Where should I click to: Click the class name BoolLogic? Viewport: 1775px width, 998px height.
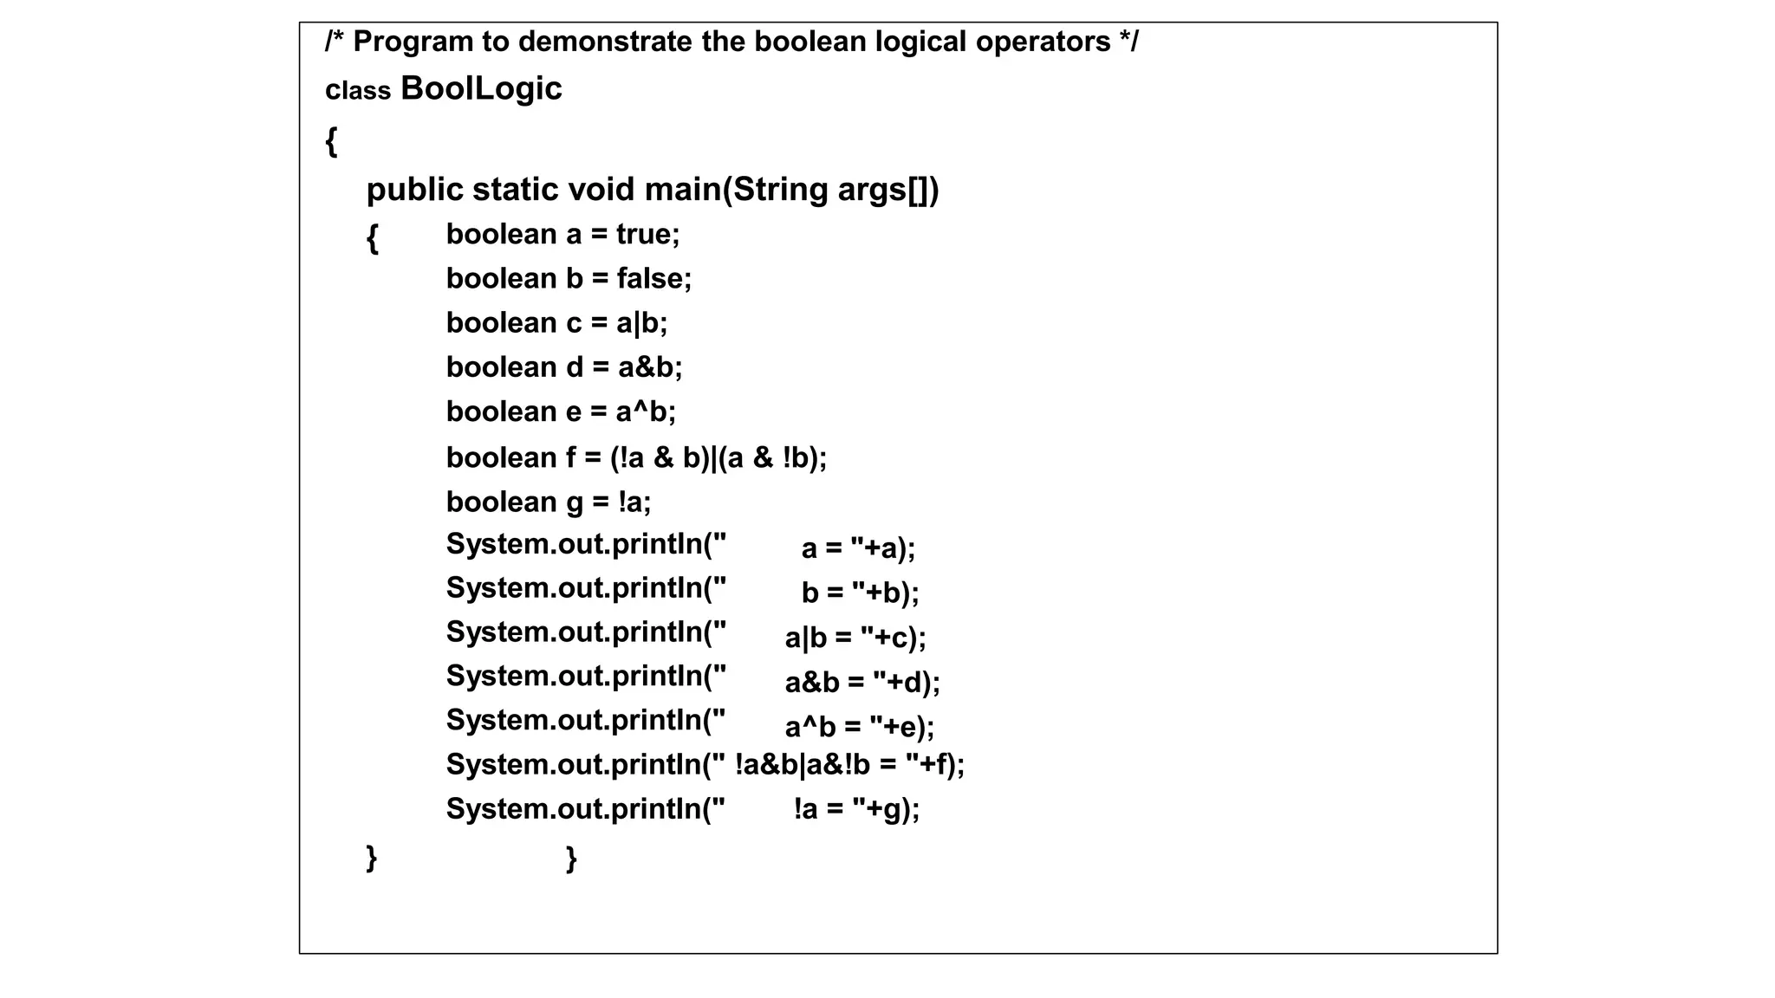[x=481, y=88]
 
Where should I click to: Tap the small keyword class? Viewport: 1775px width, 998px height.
[x=358, y=90]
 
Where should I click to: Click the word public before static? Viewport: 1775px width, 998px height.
[x=414, y=190]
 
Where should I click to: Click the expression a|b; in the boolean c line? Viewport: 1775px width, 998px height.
[x=641, y=323]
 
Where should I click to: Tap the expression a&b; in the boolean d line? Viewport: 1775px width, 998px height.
[x=650, y=367]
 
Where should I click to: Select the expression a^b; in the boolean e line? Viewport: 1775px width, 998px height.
[x=646, y=412]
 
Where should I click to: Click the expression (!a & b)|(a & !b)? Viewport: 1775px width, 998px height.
[x=718, y=457]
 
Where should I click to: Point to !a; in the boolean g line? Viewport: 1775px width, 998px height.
[x=634, y=502]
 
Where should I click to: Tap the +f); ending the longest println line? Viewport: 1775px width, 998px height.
[x=942, y=765]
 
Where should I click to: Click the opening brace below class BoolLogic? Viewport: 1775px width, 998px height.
[x=331, y=140]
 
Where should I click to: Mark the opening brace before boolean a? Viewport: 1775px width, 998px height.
[x=373, y=237]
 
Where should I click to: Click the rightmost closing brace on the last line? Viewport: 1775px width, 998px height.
[x=571, y=859]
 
